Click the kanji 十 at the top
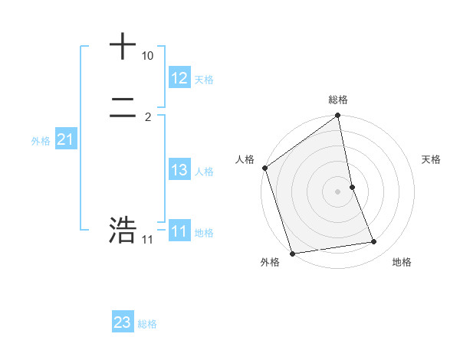point(123,46)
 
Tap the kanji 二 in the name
point(123,110)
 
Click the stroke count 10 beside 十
point(148,56)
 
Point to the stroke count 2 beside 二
point(148,116)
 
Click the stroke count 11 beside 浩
point(148,240)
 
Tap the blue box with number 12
point(179,78)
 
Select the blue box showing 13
point(179,170)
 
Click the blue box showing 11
point(179,231)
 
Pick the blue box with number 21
point(65,140)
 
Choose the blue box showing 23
point(123,322)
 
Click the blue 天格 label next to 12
point(204,80)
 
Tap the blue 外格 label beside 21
point(41,141)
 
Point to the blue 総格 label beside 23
point(147,324)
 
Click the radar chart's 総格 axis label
point(338,100)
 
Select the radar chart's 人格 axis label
point(245,159)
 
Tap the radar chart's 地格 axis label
point(402,262)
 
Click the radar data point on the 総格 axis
point(338,116)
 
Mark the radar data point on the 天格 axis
point(352,187)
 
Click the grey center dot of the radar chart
point(338,191)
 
